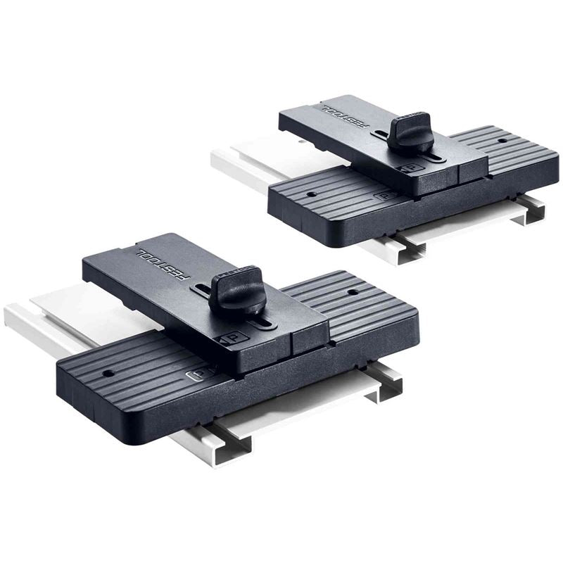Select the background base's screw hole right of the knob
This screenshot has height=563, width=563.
502,141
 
